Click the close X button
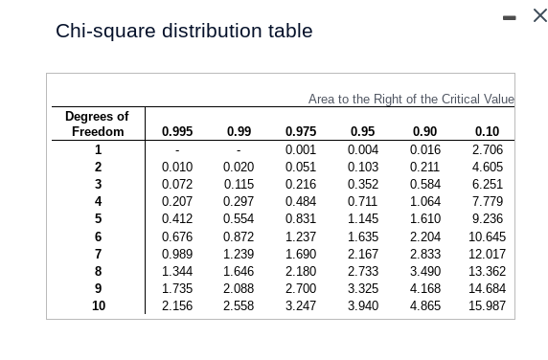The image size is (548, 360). (538, 16)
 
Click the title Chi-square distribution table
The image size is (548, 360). (184, 31)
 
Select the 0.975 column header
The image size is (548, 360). (301, 132)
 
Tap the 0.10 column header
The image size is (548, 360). (487, 132)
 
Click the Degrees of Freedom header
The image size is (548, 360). (97, 124)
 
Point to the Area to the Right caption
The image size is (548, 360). (411, 99)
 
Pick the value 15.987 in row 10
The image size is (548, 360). (487, 306)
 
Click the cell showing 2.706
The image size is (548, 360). (487, 150)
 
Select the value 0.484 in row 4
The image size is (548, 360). (301, 202)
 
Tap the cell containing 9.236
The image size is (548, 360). (487, 219)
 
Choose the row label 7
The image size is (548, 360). (98, 255)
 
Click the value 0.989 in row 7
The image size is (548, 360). (176, 255)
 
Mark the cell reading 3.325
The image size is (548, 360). (362, 289)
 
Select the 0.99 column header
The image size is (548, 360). (239, 132)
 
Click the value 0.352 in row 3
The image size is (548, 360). (362, 185)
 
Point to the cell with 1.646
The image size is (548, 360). (239, 272)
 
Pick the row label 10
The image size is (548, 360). (98, 306)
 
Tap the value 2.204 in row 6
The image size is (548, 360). (424, 236)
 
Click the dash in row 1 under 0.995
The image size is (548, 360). (176, 151)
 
